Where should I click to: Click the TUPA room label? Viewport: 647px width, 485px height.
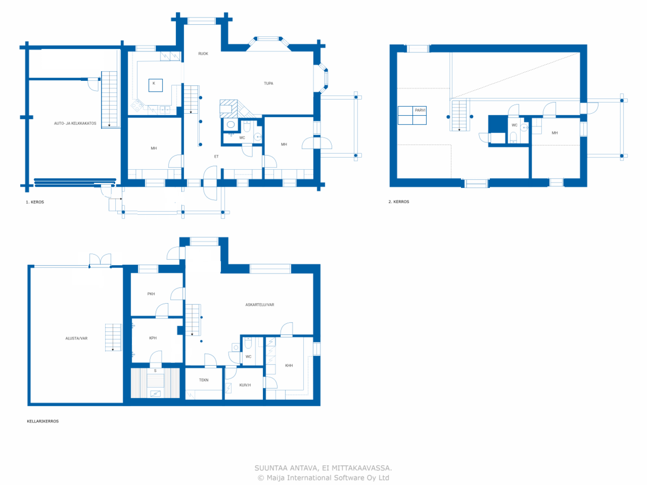point(269,84)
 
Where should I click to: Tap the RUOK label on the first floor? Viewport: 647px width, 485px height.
point(203,54)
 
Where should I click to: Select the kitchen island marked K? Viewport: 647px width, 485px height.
point(155,85)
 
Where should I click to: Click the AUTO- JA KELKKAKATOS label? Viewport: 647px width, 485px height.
point(75,123)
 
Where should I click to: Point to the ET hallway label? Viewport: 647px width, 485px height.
point(216,156)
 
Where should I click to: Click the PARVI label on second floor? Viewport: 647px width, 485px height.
point(420,110)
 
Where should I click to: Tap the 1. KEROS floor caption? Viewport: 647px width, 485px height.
point(35,202)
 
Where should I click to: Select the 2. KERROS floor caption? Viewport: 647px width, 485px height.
point(399,202)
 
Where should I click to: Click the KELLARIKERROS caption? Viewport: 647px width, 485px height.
point(43,421)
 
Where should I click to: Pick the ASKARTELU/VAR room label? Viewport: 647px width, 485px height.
point(260,305)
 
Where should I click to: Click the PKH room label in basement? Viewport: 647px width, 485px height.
point(151,294)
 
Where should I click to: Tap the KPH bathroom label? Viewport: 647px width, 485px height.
point(153,338)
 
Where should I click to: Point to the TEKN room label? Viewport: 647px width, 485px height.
point(203,380)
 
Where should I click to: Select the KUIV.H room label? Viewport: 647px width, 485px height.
point(245,385)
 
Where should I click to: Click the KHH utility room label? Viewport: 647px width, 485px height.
point(289,365)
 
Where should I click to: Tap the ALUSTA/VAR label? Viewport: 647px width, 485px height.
point(76,338)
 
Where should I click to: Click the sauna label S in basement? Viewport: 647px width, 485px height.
point(155,371)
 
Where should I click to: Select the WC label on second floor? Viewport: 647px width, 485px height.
point(514,125)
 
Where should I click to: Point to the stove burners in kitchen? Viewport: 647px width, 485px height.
point(137,106)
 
